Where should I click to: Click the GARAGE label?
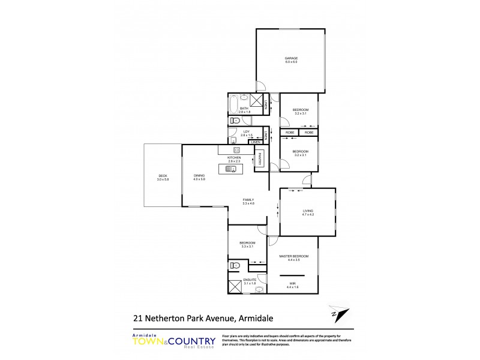click(x=291, y=58)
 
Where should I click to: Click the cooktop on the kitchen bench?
click(x=236, y=150)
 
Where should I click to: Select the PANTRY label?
click(x=260, y=160)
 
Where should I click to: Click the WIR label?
click(x=292, y=284)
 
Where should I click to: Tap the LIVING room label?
click(x=308, y=212)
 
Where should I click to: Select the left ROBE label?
click(x=289, y=132)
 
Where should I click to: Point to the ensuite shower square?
click(x=234, y=288)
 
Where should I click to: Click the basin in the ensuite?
click(x=259, y=289)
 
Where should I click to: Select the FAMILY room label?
click(x=248, y=200)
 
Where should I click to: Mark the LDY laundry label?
click(x=245, y=131)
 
